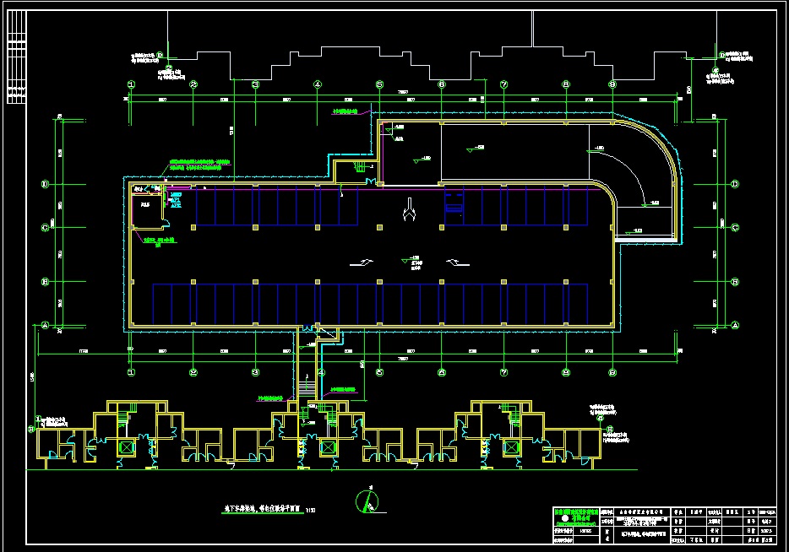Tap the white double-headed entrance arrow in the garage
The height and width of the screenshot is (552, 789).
point(410,211)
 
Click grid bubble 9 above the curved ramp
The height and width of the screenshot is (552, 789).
point(613,84)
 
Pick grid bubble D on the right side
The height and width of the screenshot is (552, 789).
point(735,184)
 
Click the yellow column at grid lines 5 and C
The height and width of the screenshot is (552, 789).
point(379,227)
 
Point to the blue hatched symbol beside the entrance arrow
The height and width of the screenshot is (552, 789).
point(454,203)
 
